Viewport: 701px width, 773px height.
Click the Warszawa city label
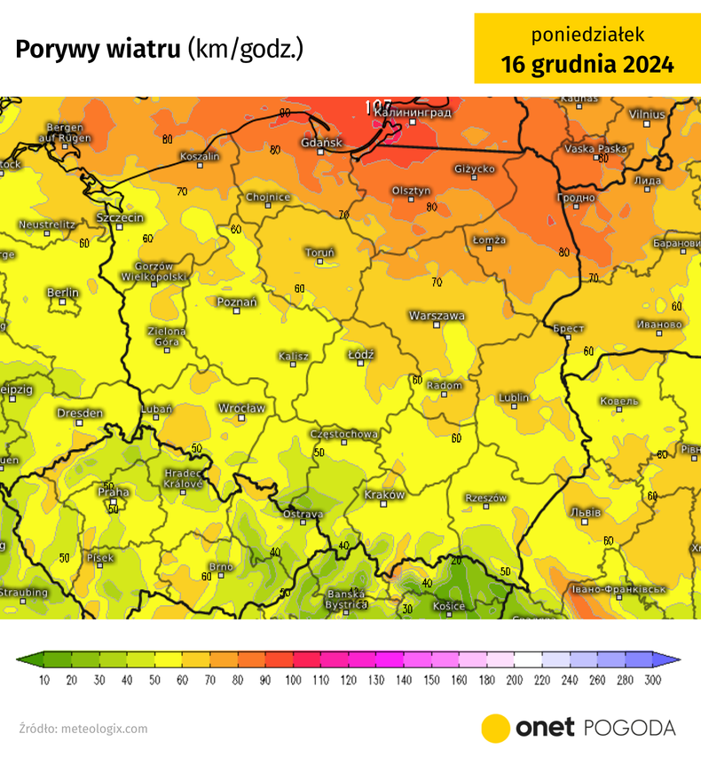pyautogui.click(x=437, y=315)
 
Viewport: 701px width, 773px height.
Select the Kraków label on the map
pyautogui.click(x=384, y=494)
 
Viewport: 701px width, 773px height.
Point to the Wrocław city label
pyautogui.click(x=241, y=408)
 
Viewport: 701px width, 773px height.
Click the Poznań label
pyautogui.click(x=237, y=302)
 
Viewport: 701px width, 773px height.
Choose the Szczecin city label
pyautogui.click(x=120, y=217)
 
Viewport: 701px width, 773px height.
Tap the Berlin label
pyautogui.click(x=62, y=293)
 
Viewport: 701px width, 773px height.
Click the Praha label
pyautogui.click(x=114, y=492)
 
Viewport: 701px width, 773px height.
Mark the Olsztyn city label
pyautogui.click(x=411, y=191)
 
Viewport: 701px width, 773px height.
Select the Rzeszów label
pyautogui.click(x=486, y=498)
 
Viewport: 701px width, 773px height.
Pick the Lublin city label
pyautogui.click(x=514, y=398)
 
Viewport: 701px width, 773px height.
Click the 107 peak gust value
pyautogui.click(x=377, y=106)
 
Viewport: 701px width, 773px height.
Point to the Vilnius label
pyautogui.click(x=646, y=114)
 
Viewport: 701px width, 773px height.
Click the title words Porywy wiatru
pyautogui.click(x=98, y=49)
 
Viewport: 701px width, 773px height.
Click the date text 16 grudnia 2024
pyautogui.click(x=587, y=65)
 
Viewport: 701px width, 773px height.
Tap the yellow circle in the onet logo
pyautogui.click(x=495, y=728)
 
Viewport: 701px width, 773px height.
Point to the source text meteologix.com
pyautogui.click(x=104, y=729)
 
